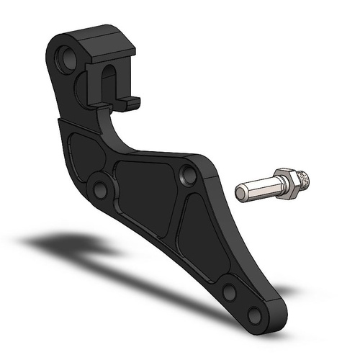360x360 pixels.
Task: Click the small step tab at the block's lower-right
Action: (130, 105)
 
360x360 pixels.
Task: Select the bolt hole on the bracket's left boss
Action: (99, 190)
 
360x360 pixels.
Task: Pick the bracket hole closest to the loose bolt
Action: (189, 174)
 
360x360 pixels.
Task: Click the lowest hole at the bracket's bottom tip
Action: (253, 316)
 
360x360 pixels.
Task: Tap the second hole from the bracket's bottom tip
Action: (229, 292)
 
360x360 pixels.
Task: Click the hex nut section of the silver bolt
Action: (286, 184)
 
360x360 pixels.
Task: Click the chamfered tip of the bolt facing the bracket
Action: (240, 192)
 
